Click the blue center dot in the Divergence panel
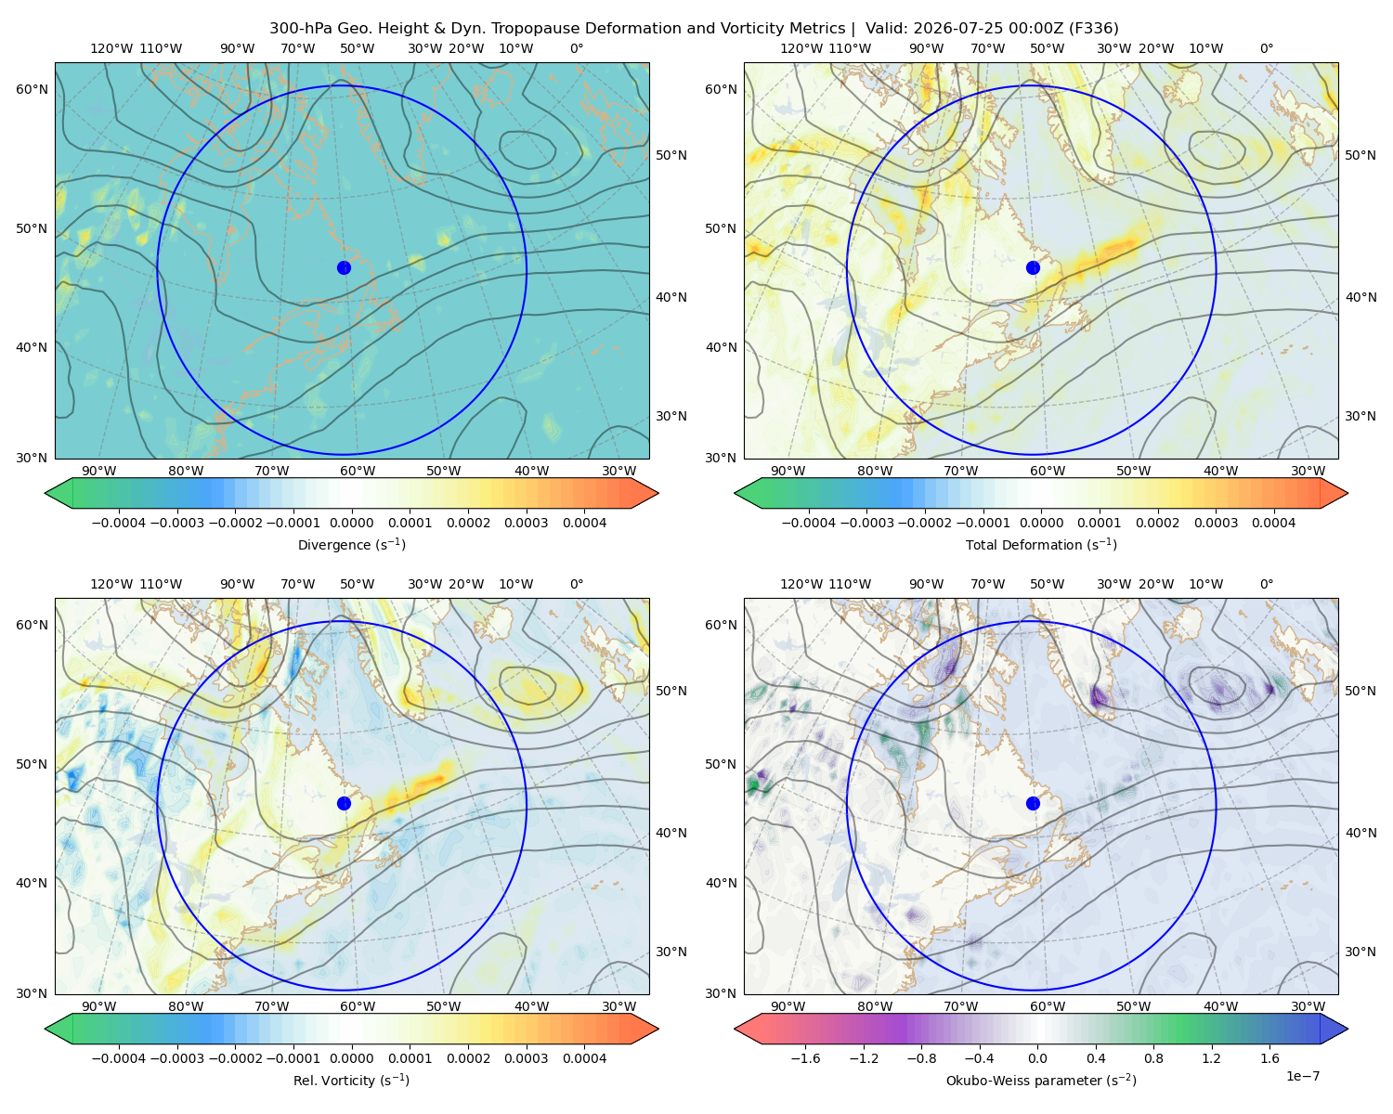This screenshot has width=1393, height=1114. click(x=344, y=267)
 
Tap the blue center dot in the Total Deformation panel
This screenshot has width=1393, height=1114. click(x=1033, y=267)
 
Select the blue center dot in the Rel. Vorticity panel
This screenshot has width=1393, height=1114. click(x=344, y=803)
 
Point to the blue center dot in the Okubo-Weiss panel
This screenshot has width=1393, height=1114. click(x=1033, y=803)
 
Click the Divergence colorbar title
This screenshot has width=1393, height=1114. click(x=351, y=544)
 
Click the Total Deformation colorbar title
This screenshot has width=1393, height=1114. click(x=1041, y=544)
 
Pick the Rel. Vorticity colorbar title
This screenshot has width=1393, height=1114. click(x=351, y=1080)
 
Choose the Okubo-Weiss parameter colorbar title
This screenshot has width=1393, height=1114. click(x=1041, y=1080)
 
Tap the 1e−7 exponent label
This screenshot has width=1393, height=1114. click(x=1302, y=1076)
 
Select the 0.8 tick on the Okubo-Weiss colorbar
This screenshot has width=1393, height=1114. click(x=1153, y=1057)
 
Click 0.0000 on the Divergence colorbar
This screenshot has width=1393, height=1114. click(x=351, y=523)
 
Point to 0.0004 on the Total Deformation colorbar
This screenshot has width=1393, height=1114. click(x=1273, y=523)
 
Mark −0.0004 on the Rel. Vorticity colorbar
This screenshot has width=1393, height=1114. click(x=119, y=1057)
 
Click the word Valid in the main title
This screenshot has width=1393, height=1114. click(x=886, y=29)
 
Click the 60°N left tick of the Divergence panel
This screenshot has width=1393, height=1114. click(x=32, y=89)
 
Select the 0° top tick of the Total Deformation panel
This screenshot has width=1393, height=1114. click(x=1266, y=48)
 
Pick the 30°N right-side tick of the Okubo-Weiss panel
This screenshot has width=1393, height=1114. click(x=1360, y=952)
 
